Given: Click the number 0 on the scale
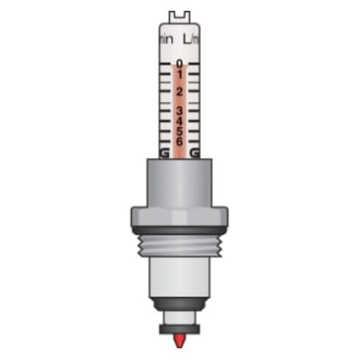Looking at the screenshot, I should tap(179, 64).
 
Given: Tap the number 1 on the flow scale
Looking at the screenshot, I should tap(179, 75).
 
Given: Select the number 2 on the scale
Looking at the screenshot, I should tap(179, 91).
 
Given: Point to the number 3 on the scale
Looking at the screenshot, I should tap(179, 110).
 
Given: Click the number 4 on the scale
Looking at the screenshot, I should tap(179, 121).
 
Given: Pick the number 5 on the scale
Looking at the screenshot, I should tap(179, 131).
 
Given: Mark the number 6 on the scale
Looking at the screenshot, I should tap(179, 141).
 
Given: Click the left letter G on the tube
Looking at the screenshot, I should tap(163, 153).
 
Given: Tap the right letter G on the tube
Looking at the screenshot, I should tap(195, 153).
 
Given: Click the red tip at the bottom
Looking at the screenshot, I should tap(179, 341).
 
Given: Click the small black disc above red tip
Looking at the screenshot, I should tap(179, 329).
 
